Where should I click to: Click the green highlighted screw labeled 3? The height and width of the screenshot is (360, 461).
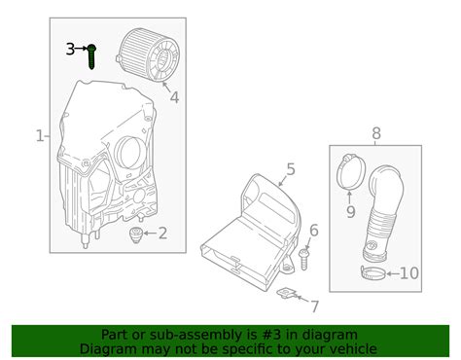point(91,56)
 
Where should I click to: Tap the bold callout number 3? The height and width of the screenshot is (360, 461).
point(70,50)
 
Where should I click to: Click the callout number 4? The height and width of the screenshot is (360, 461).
point(174,97)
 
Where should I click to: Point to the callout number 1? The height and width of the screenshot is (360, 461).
point(40,136)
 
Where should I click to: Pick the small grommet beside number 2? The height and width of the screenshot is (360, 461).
point(136,234)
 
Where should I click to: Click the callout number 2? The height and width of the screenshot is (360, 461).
point(162,234)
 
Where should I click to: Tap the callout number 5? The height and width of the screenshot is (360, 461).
point(291,169)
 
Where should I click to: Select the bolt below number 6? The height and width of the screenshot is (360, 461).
point(303,259)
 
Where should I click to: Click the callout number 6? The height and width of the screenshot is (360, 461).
point(314,230)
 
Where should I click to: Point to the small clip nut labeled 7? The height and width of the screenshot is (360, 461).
point(287,294)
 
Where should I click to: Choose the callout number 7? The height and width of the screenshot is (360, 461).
point(315,306)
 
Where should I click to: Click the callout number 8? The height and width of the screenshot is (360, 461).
point(376,133)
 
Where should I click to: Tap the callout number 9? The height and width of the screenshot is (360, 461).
point(351,211)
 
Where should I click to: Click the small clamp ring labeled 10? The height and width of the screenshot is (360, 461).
point(373,272)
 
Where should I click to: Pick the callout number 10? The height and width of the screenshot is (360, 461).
point(409,273)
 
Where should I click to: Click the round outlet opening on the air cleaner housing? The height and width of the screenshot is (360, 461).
point(129,152)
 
